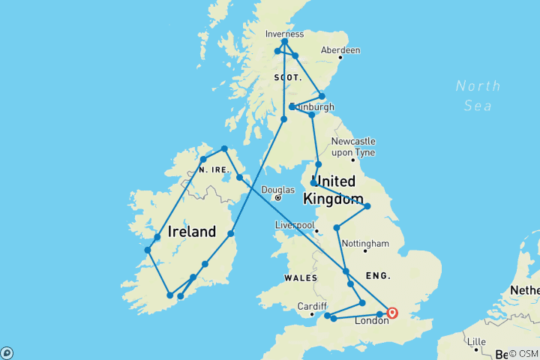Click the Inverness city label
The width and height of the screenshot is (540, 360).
click(284, 34)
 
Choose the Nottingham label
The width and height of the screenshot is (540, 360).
click(365, 244)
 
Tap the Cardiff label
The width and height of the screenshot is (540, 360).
click(311, 306)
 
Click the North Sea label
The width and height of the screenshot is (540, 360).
click(478, 95)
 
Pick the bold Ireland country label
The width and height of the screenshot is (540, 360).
click(192, 232)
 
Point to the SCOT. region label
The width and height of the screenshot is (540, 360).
click(287, 78)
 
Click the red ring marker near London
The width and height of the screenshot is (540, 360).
click(392, 313)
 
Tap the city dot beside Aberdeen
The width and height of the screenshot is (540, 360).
click(340, 57)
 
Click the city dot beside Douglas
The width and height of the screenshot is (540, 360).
click(277, 198)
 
